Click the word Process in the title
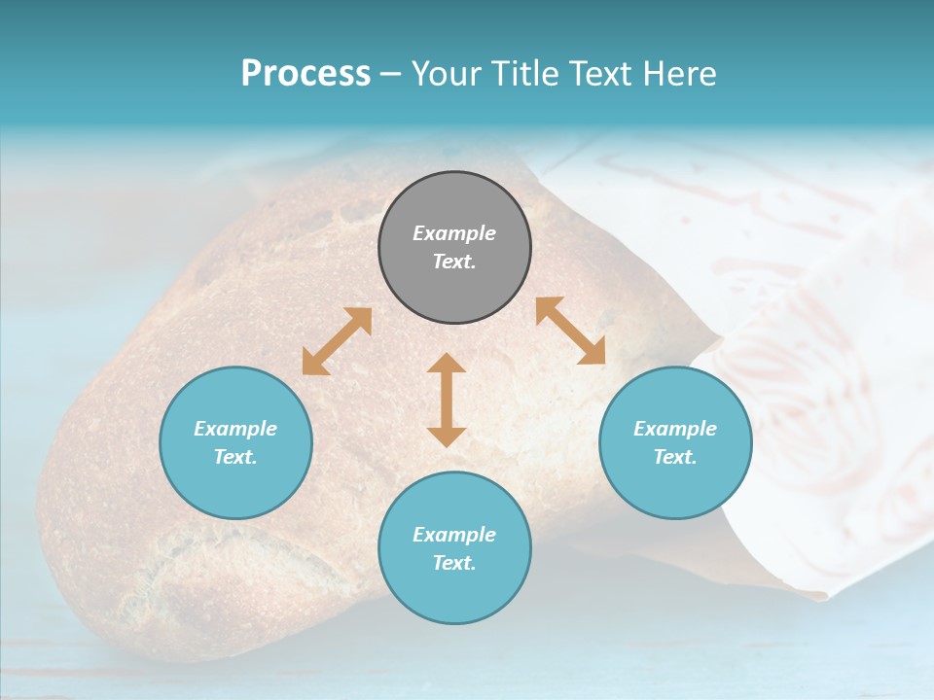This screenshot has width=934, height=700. [305, 74]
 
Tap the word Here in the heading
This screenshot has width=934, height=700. [678, 74]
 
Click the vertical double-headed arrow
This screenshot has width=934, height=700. [447, 400]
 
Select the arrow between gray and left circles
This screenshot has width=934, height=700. [337, 341]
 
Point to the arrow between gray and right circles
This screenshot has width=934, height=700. [570, 331]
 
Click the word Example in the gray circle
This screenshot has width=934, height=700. [454, 233]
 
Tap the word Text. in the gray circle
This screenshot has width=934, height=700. [454, 262]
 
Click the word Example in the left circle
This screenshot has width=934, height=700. [235, 429]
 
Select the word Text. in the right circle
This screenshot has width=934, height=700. [675, 457]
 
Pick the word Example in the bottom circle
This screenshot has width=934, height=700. [454, 535]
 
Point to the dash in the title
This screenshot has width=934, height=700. [390, 74]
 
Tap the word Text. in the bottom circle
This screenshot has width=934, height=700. [454, 563]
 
